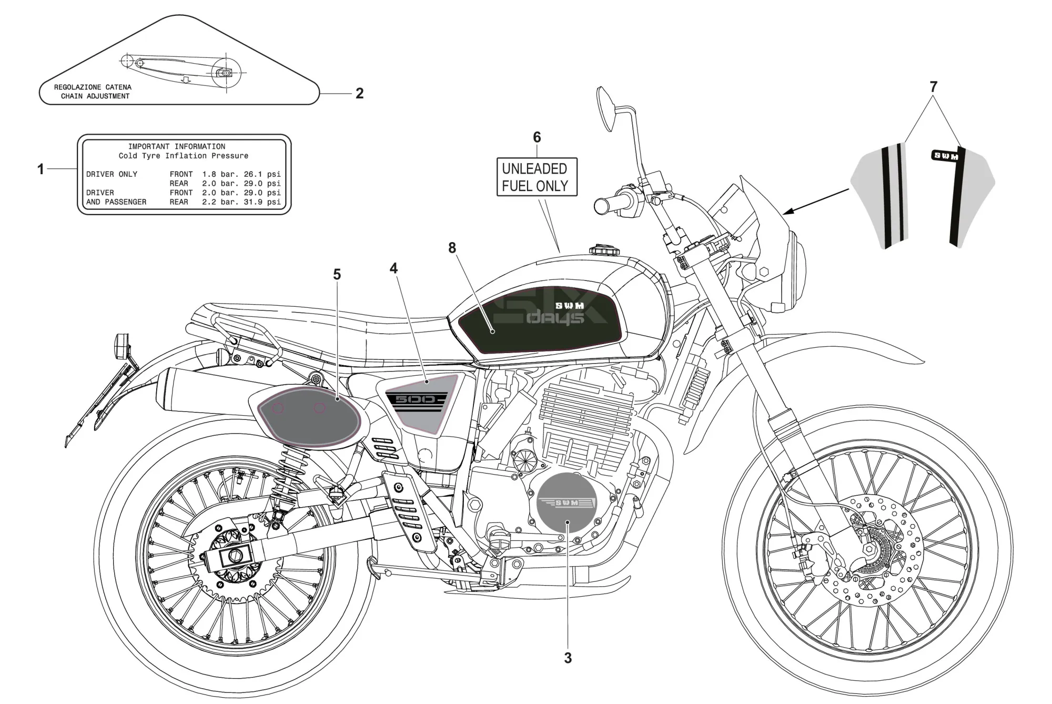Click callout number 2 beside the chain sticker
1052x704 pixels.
(360, 94)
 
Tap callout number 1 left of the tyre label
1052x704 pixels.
(41, 169)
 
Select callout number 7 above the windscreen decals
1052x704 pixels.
(933, 87)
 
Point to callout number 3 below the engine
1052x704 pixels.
(568, 658)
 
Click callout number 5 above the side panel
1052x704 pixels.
(337, 275)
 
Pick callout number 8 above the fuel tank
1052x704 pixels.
(452, 248)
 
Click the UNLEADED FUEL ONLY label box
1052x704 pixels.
(537, 177)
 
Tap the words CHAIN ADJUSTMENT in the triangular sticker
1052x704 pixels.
(95, 96)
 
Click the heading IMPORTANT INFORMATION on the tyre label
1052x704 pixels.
(177, 147)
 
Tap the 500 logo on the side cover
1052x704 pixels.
(416, 400)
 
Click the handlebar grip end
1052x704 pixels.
(601, 206)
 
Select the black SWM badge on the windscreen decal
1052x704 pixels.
(945, 156)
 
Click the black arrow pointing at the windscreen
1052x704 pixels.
(815, 202)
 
